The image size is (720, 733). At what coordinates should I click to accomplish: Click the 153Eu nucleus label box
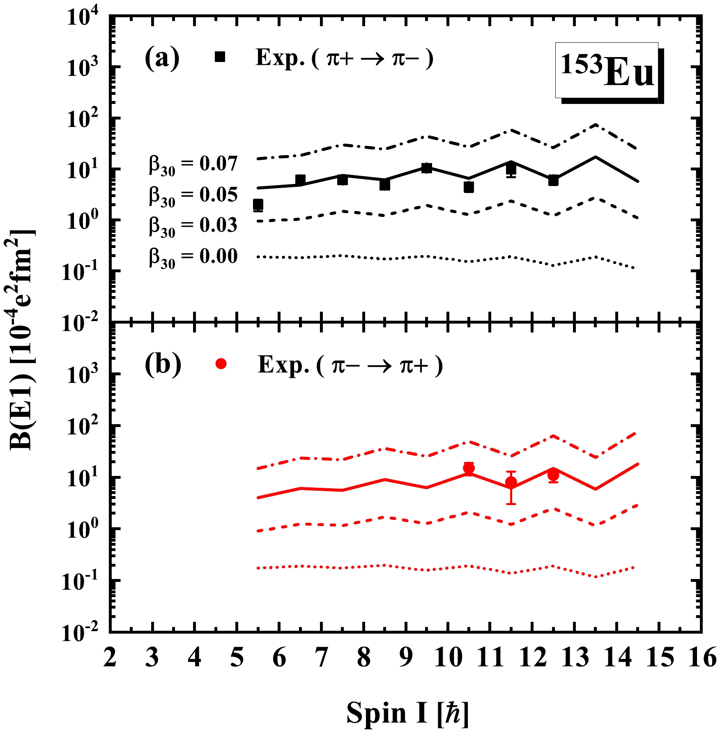click(607, 71)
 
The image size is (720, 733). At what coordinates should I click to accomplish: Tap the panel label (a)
click(162, 58)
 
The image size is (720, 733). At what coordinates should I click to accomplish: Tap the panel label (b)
click(163, 364)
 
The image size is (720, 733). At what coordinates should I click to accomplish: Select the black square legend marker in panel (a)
click(220, 57)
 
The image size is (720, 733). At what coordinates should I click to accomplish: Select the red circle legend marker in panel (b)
click(221, 363)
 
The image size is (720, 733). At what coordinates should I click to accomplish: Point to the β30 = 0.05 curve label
click(193, 195)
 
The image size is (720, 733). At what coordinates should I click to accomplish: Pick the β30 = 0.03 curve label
click(193, 226)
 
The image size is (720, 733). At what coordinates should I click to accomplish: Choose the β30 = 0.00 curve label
click(193, 257)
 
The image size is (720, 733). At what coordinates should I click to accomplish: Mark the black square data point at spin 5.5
click(258, 205)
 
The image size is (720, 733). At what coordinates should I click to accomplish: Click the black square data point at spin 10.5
click(469, 187)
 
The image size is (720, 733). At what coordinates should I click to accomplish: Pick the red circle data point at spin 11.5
click(511, 482)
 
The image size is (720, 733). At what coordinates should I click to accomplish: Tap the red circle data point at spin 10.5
click(469, 468)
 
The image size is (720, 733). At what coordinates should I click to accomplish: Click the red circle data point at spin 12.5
click(553, 476)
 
